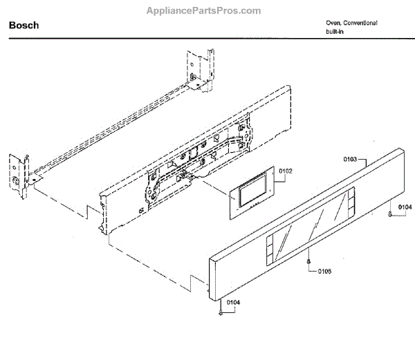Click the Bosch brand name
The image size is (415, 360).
pos(24,25)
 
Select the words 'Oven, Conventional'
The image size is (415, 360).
pos(351,23)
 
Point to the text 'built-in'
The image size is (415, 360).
pos(336,32)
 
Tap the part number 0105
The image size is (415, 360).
pos(324,271)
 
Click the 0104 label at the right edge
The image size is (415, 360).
pos(405,207)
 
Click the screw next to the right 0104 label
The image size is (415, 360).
pos(391,214)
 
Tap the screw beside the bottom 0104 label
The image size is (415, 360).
pos(221,312)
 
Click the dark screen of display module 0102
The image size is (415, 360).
pos(249,194)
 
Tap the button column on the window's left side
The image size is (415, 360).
pos(268,249)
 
